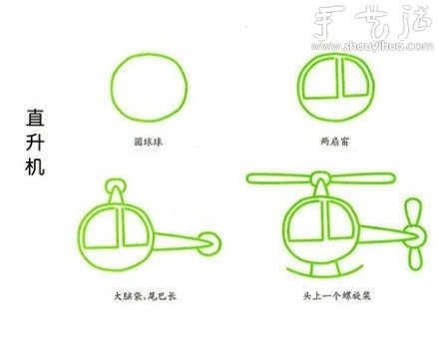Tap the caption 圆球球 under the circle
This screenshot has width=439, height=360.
[147, 142]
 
